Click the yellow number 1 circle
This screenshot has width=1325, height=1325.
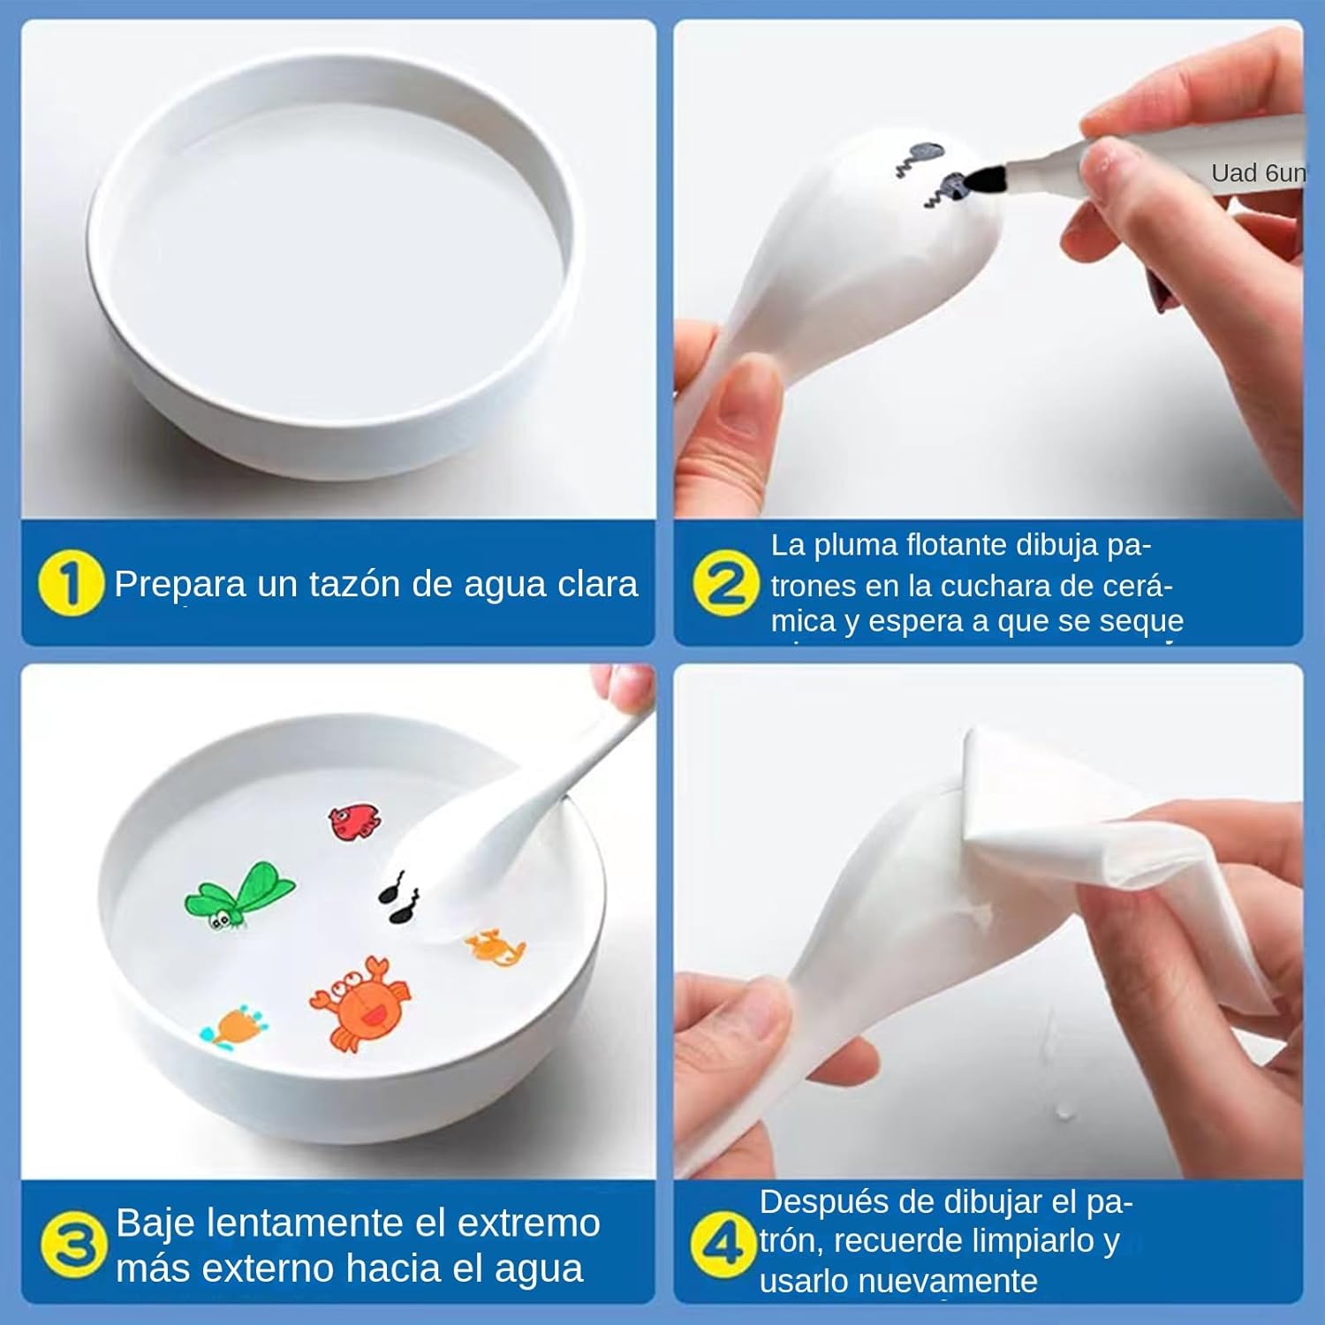pyautogui.click(x=71, y=583)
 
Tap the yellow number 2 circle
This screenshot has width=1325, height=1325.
pyautogui.click(x=726, y=583)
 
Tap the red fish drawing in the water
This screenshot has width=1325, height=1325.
pyautogui.click(x=355, y=821)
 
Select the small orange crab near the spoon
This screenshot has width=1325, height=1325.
pyautogui.click(x=496, y=948)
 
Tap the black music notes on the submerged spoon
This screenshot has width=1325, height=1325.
pyautogui.click(x=400, y=898)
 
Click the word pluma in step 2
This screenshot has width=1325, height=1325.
pyautogui.click(x=855, y=546)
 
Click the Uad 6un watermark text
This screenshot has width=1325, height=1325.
pyautogui.click(x=1258, y=173)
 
